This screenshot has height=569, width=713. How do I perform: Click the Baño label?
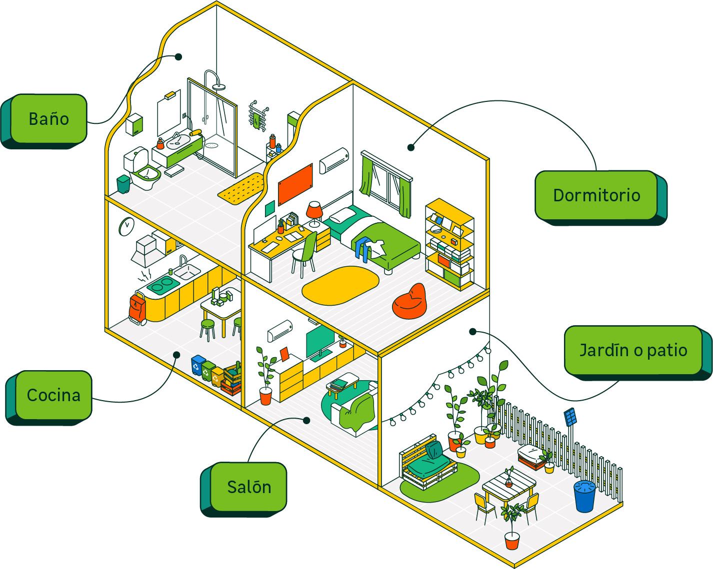(49, 119)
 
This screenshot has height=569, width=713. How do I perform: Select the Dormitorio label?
(596, 195)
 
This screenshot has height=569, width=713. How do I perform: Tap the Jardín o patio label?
(633, 350)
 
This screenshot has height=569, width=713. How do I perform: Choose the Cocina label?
(53, 395)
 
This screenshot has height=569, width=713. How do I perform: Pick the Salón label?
(248, 487)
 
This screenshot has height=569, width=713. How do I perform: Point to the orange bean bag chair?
(410, 302)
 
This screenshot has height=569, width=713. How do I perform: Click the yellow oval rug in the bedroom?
(340, 285)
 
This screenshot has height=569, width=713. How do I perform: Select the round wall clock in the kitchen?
(126, 226)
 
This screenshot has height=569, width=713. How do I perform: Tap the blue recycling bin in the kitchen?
(198, 365)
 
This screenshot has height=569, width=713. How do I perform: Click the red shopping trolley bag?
(136, 309)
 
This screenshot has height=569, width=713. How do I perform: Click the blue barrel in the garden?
(584, 496)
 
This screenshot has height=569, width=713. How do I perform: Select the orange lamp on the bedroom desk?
(314, 210)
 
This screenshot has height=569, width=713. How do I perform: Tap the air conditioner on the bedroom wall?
(334, 160)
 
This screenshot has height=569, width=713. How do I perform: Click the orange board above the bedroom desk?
(295, 184)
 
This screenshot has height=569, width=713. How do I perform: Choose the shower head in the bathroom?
(218, 87)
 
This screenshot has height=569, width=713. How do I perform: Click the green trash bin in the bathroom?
(123, 184)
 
